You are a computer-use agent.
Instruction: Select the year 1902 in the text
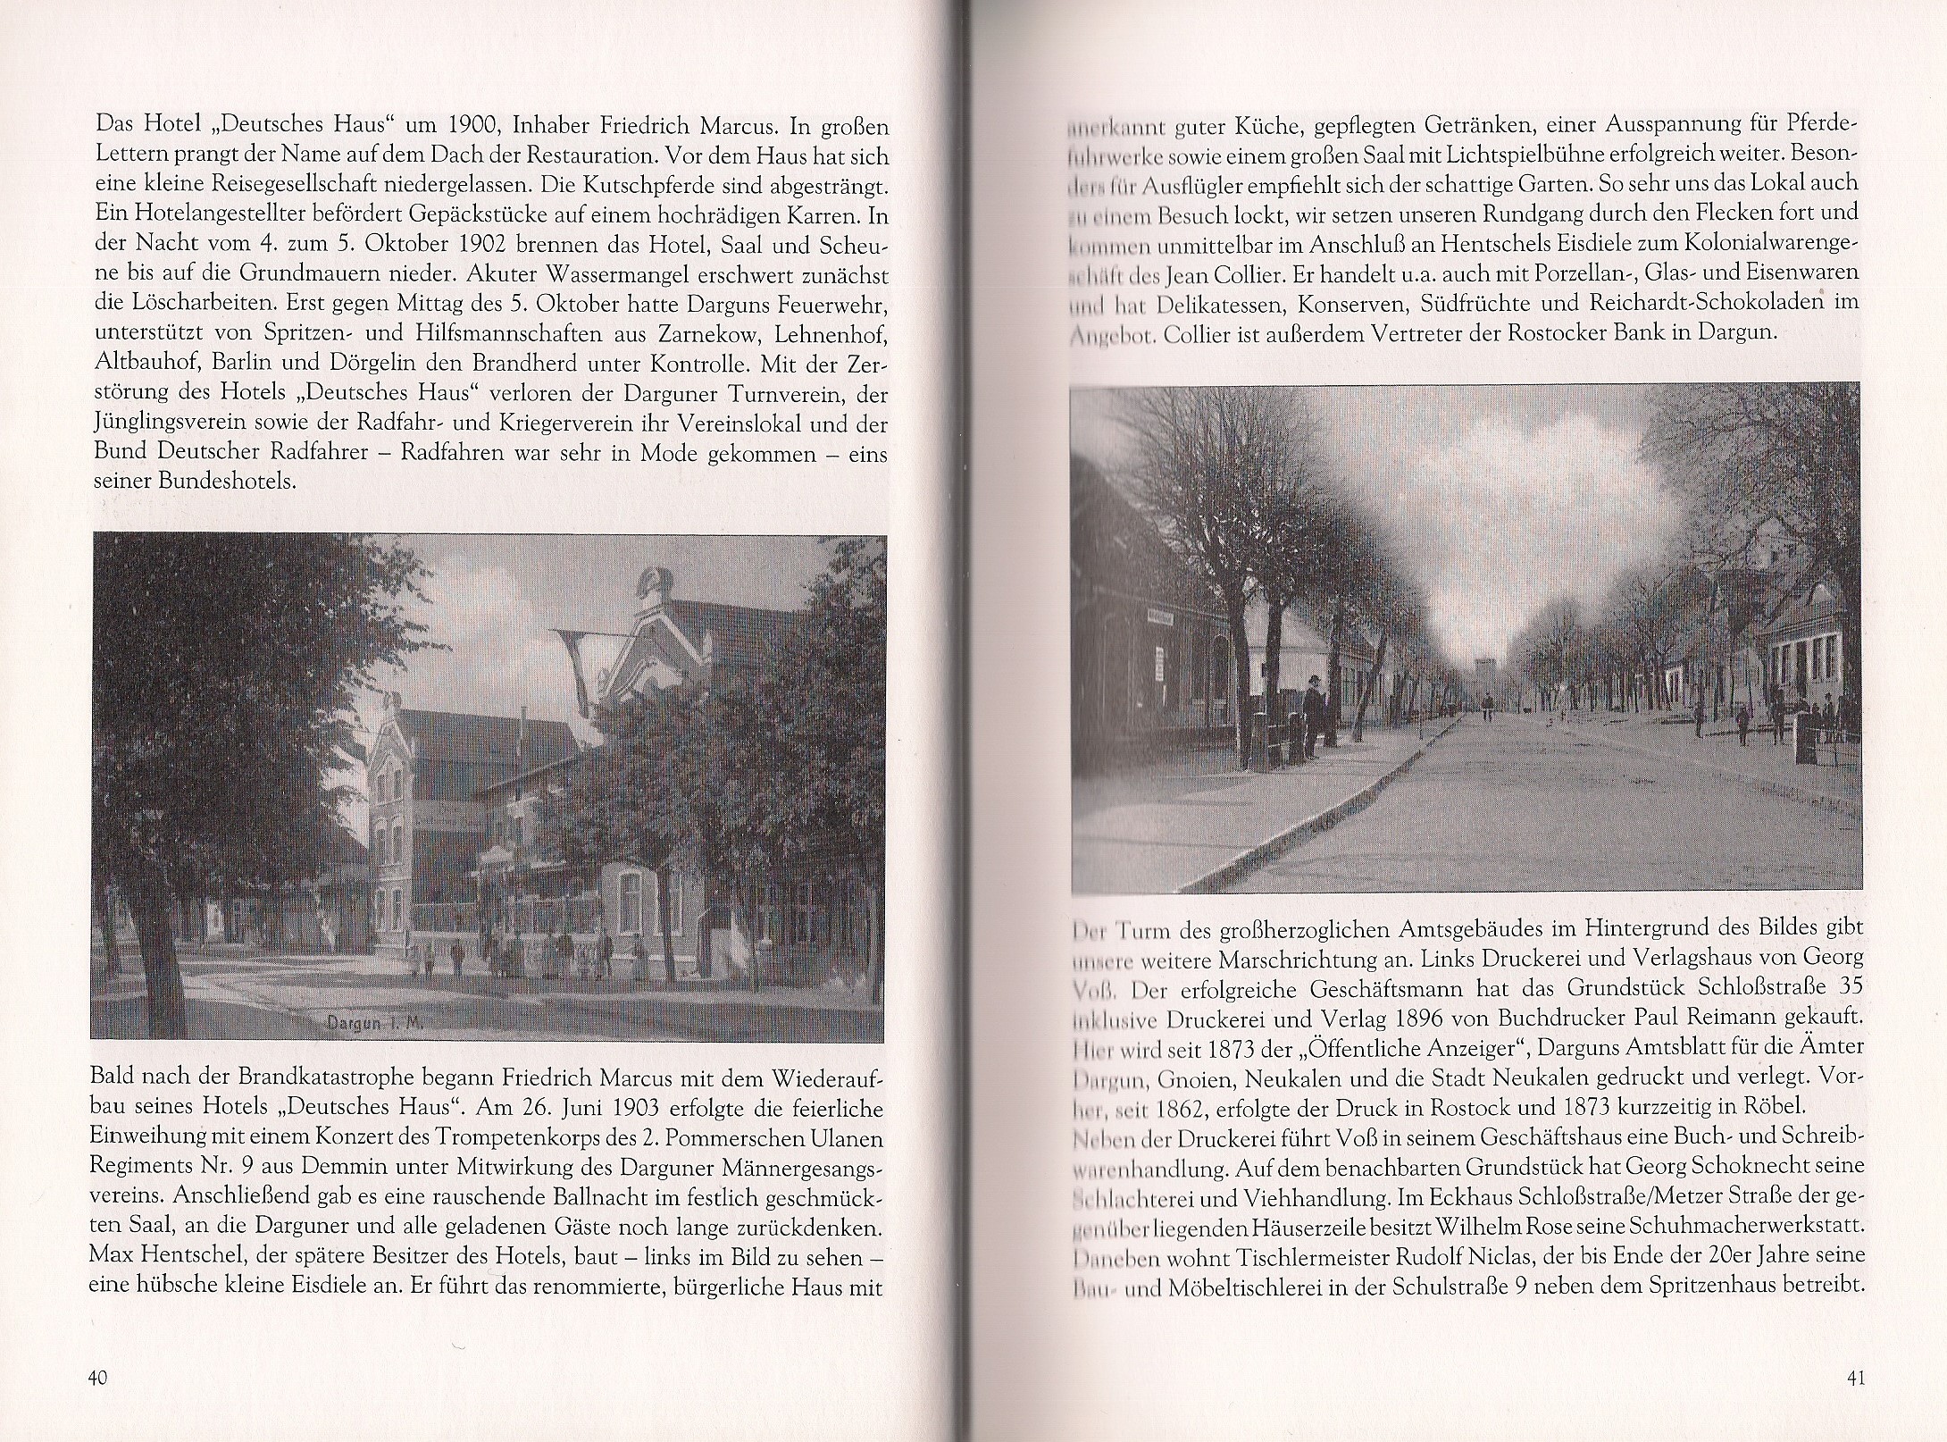495,246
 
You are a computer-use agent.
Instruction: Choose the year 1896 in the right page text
1446,1017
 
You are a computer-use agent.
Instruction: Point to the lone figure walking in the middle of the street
1486,708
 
